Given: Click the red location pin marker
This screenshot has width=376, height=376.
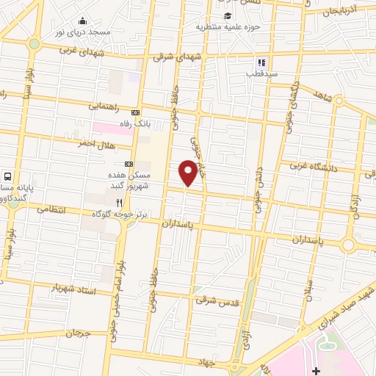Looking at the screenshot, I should pos(189,172).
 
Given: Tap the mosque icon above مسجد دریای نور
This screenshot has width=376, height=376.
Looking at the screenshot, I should pos(82,21).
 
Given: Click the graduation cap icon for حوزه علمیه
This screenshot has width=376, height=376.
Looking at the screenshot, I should pos(228,15).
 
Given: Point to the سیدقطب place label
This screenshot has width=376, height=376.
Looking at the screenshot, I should pos(261,74).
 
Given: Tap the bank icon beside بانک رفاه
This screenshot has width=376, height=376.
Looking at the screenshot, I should pos(134,112).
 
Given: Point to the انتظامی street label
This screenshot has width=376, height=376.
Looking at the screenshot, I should pos(51,210).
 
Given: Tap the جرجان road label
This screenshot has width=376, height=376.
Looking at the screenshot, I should pos(76,333).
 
